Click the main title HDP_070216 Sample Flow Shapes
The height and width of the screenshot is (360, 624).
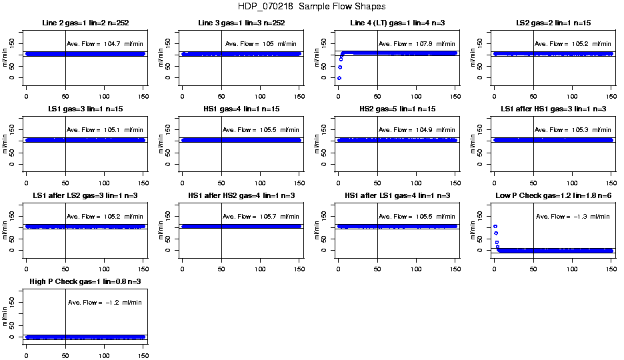tap(311, 7)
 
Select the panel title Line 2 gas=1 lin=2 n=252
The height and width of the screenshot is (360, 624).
tap(85, 23)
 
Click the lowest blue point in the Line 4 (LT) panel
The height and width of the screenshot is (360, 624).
tap(339, 78)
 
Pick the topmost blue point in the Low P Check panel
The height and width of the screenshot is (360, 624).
tap(495, 227)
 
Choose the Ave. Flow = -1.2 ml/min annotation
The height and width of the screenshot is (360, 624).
tap(105, 303)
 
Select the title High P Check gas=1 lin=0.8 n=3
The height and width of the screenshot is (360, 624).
tap(85, 282)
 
